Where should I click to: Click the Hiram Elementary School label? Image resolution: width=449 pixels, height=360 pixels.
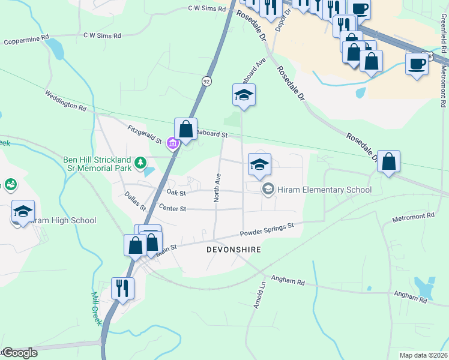click(x=325, y=190)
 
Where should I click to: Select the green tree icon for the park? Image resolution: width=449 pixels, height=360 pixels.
click(x=140, y=162)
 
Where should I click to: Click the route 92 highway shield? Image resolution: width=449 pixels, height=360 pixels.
click(x=206, y=81)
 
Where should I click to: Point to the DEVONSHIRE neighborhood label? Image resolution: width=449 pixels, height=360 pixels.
click(x=234, y=249)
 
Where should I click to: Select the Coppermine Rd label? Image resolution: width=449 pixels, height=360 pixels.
click(x=26, y=40)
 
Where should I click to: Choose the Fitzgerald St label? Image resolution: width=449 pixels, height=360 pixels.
click(x=144, y=134)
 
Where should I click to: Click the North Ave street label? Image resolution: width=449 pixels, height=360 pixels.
click(x=218, y=187)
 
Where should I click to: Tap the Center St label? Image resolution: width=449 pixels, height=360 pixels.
click(x=173, y=208)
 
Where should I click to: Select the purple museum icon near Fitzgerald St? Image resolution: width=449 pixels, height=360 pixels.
click(x=173, y=144)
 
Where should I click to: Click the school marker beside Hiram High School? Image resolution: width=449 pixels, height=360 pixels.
click(x=23, y=211)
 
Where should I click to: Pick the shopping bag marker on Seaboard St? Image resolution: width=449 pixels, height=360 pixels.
click(x=185, y=128)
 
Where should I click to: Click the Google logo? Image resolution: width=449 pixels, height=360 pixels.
click(x=19, y=352)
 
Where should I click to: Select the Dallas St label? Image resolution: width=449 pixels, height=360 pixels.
click(x=135, y=201)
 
